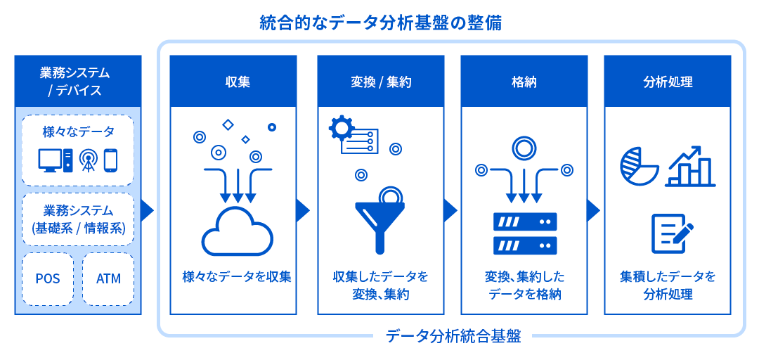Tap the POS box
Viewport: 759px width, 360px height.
coord(48,278)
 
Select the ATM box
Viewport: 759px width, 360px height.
coord(108,278)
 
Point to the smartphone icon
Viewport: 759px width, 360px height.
coord(110,160)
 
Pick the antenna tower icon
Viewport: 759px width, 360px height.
coord(88,160)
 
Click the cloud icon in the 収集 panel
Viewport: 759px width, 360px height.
coord(237,231)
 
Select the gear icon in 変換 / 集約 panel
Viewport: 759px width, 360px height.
coord(342,129)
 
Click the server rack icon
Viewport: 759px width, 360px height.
coord(524,233)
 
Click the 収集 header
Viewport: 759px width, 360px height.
coord(237,82)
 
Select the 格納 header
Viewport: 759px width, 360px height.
coord(524,82)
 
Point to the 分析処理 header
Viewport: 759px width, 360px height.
coord(668,82)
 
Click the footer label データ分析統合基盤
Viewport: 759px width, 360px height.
coord(453,336)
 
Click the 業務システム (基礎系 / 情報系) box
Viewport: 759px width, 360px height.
coord(78,219)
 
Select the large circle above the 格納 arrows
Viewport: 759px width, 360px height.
coord(524,147)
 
